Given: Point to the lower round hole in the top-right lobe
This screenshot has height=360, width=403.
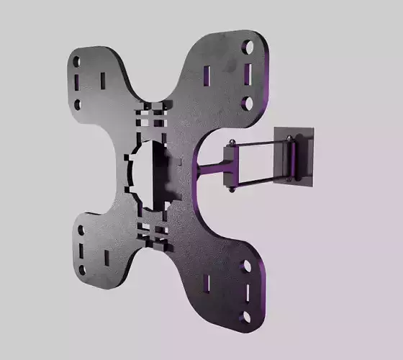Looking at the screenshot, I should coord(247,103).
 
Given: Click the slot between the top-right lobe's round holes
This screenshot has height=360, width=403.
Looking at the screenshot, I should coord(248,74).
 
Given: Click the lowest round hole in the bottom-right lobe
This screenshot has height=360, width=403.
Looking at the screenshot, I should coord(247,316).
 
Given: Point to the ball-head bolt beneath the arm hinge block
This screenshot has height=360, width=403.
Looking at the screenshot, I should coord(232,191).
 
